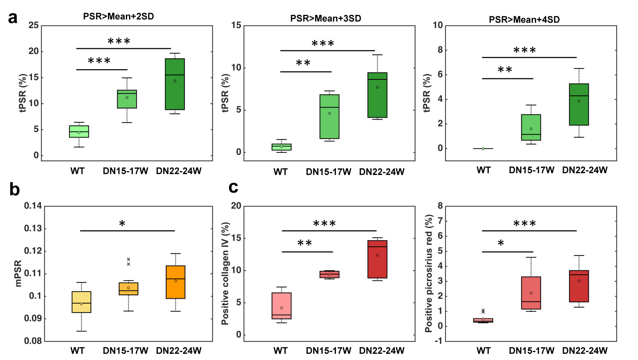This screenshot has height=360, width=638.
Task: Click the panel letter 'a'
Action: (13, 18)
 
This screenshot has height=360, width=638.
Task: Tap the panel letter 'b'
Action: (14, 190)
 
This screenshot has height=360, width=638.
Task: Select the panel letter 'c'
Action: (233, 187)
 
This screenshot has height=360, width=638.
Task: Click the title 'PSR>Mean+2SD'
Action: (118, 17)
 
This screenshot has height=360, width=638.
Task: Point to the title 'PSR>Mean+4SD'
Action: (524, 19)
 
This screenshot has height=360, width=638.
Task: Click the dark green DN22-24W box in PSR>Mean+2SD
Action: (175, 84)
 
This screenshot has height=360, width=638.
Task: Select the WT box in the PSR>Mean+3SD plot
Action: (281, 147)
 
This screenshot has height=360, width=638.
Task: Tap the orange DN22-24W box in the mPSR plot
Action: (175, 282)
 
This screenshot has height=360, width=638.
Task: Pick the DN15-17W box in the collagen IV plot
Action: (329, 275)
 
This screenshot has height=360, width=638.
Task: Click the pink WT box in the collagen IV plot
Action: (281, 306)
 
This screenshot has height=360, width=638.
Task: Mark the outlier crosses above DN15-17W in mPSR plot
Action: (128, 261)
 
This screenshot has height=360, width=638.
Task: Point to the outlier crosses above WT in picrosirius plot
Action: (483, 311)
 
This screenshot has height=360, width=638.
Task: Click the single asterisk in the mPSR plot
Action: (122, 224)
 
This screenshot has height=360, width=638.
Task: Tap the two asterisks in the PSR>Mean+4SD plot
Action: (505, 69)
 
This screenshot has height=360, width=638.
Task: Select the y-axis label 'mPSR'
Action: (18, 273)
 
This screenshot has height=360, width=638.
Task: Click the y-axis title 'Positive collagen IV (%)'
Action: (225, 273)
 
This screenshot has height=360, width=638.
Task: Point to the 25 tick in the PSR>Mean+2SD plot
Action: (34, 25)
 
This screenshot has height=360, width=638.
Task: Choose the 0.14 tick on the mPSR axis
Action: (33, 206)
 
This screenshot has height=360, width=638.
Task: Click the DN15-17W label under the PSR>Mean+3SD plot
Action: (328, 172)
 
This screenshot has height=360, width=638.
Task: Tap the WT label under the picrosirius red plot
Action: (483, 351)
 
